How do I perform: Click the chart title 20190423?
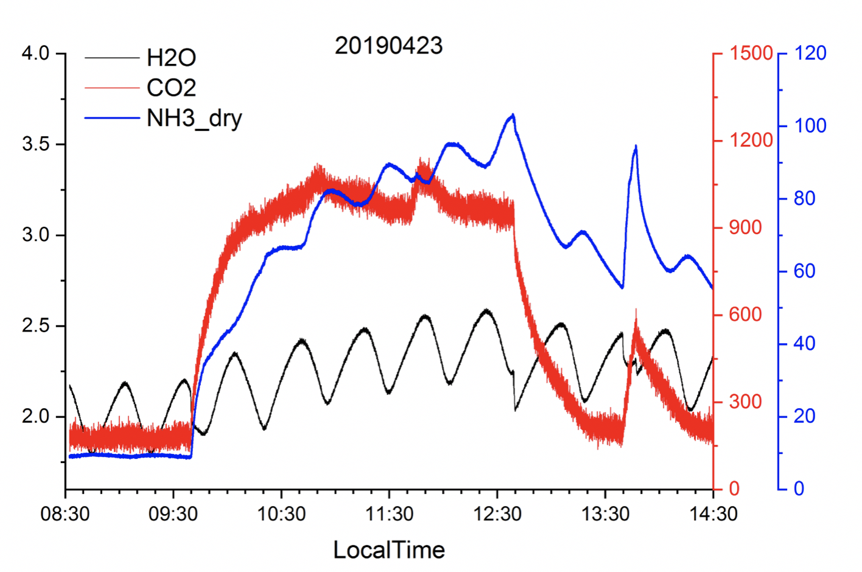coord(388,46)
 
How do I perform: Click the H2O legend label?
coord(171,58)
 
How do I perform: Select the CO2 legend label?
coord(171,88)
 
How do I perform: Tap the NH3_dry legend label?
coord(194,117)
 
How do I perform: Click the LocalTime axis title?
coord(388,550)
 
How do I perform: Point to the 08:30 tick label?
coord(65,514)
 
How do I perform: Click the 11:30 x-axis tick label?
coord(389,514)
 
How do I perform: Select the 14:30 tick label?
coord(713,514)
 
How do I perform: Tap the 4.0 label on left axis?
coord(35,54)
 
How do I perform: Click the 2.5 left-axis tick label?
coord(35,326)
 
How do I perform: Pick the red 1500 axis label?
coord(751,53)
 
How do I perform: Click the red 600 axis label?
coord(745,315)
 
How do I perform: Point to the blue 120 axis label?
coord(810,53)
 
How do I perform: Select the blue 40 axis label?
coord(804,343)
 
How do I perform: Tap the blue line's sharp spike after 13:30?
coord(636,146)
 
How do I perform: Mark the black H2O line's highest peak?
coord(486,310)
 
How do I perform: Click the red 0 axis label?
coord(734,489)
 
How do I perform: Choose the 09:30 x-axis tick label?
coord(173,514)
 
